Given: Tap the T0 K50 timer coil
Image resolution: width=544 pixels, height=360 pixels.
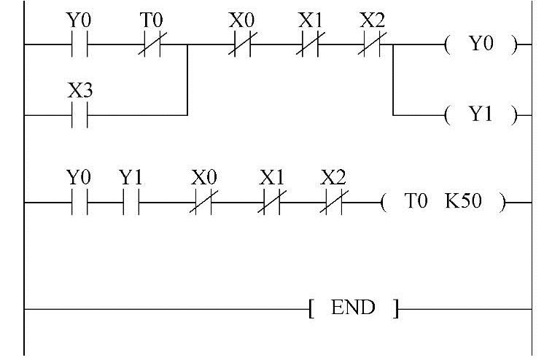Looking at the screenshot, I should point(442,203).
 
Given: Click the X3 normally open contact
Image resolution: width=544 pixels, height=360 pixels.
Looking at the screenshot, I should point(79,115).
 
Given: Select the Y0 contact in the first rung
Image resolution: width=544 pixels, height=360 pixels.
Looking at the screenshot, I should point(79,45).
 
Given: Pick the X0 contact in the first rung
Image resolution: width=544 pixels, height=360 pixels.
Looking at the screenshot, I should point(241,45).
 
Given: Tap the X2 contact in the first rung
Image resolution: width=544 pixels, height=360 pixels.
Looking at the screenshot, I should point(373,45).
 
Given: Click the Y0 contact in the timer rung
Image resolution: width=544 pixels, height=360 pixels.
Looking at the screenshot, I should point(79,203).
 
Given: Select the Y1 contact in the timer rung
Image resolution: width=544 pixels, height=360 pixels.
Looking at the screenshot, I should point(131,203).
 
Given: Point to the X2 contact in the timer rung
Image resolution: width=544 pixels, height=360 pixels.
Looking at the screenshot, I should point(333,203).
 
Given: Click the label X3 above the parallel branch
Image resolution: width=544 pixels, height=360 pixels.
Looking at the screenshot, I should point(79,92).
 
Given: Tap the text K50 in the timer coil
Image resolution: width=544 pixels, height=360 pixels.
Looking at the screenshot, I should point(463,202).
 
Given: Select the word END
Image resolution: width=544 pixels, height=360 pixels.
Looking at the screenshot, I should point(353,308).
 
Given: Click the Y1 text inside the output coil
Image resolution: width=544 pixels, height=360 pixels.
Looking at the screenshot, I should point(481,115).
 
